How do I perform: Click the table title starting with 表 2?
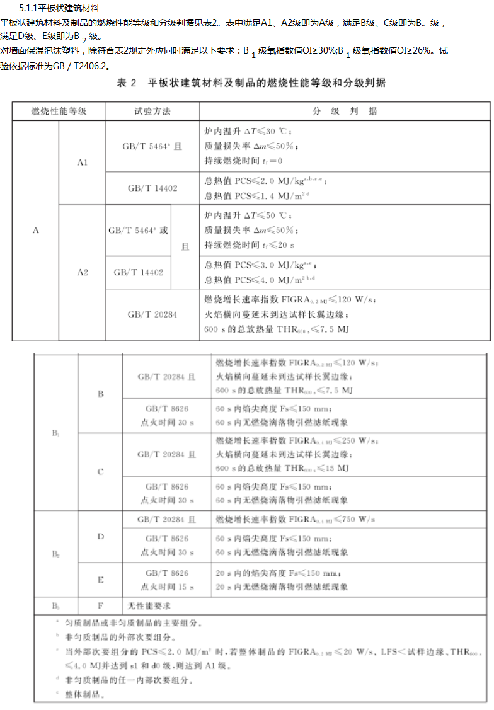[x=251, y=83]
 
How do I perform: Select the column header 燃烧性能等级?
[x=59, y=112]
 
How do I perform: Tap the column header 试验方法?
[x=152, y=112]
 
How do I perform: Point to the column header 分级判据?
[x=345, y=112]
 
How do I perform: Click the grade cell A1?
[x=83, y=163]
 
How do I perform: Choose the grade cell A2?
[x=83, y=273]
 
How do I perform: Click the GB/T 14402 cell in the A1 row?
[x=152, y=188]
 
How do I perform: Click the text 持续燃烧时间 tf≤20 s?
[x=250, y=244]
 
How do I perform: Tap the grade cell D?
[x=100, y=537]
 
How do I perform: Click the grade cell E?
[x=100, y=580]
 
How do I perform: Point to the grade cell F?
[x=100, y=605]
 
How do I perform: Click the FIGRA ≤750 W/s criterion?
[x=295, y=520]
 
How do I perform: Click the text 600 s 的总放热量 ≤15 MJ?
[x=282, y=468]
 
